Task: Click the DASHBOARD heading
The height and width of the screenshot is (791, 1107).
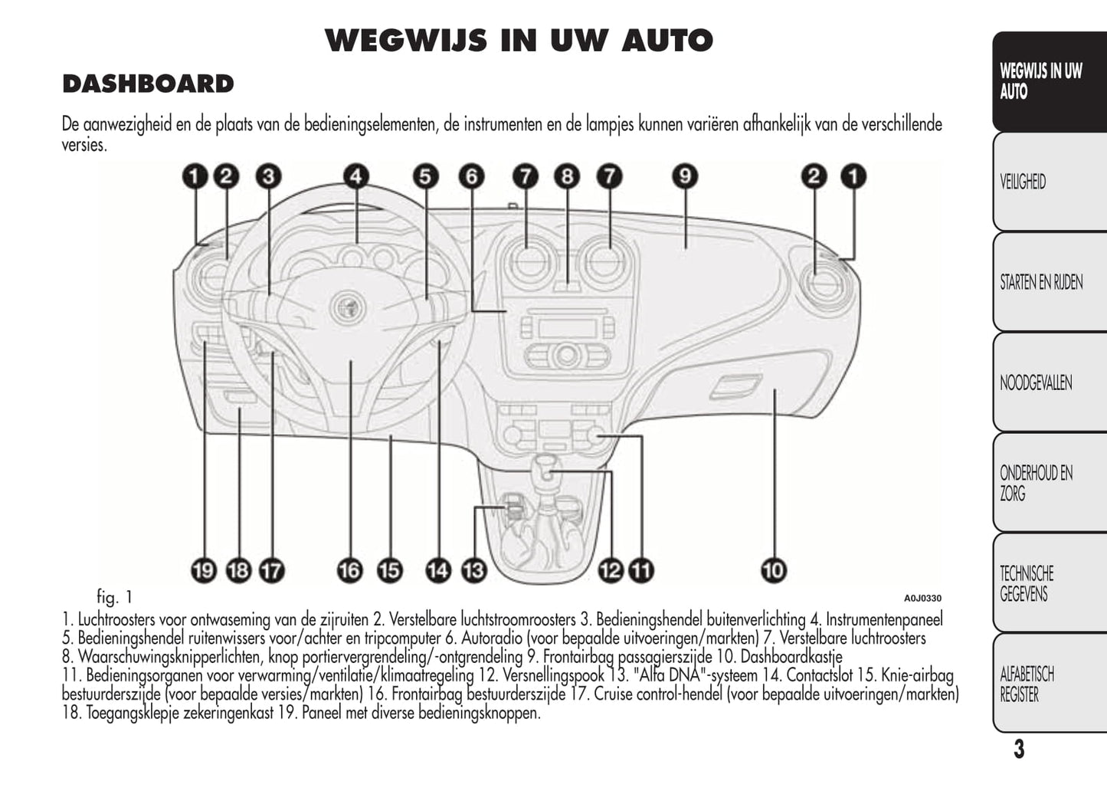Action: (148, 84)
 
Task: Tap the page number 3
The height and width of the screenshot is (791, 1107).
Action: (1018, 749)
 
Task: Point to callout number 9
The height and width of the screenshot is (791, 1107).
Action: (685, 177)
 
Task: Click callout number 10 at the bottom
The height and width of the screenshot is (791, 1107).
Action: (774, 570)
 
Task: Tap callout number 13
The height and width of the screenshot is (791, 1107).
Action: (474, 570)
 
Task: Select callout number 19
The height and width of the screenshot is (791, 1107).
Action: (204, 570)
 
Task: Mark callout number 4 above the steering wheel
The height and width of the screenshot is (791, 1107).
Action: (355, 177)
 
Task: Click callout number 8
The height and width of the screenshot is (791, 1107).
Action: (567, 177)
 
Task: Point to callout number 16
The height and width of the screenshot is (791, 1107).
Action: (349, 570)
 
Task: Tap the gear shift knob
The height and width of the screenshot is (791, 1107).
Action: (547, 467)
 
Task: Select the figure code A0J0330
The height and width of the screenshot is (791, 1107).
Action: (922, 599)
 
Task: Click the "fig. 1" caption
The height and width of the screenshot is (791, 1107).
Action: (115, 596)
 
